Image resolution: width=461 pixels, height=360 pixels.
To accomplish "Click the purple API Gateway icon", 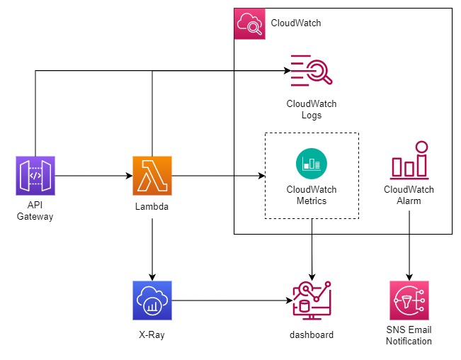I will coord(35,176).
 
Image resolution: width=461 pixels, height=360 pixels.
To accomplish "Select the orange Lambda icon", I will coord(152,176).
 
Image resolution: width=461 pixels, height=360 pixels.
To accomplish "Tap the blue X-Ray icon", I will coord(152,300).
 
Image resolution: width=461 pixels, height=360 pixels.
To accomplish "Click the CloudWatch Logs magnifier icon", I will coord(312,72).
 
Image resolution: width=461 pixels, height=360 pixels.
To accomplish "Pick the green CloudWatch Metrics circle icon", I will coord(312,164).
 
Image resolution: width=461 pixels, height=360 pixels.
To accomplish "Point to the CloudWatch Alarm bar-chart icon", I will coord(409,161).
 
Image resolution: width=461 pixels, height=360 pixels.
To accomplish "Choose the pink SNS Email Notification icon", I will coord(409,300).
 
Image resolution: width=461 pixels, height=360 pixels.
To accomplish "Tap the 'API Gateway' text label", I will coord(35,211).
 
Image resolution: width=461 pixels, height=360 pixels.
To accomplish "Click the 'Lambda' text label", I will coord(152,206).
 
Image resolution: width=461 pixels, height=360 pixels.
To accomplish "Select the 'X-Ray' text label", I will coord(152,334).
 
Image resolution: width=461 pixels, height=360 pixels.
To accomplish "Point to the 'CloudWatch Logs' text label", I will coord(312,109).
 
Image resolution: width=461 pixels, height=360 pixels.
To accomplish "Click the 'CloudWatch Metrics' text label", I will coord(312,195).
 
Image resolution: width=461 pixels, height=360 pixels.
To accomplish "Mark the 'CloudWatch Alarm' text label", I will coord(409,195).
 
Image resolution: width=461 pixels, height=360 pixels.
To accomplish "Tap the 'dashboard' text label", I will coord(312,334).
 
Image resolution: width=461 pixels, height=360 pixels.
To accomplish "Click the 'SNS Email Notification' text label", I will coord(409,335).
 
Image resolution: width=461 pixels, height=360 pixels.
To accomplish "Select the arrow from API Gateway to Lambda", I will coord(93,176).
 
